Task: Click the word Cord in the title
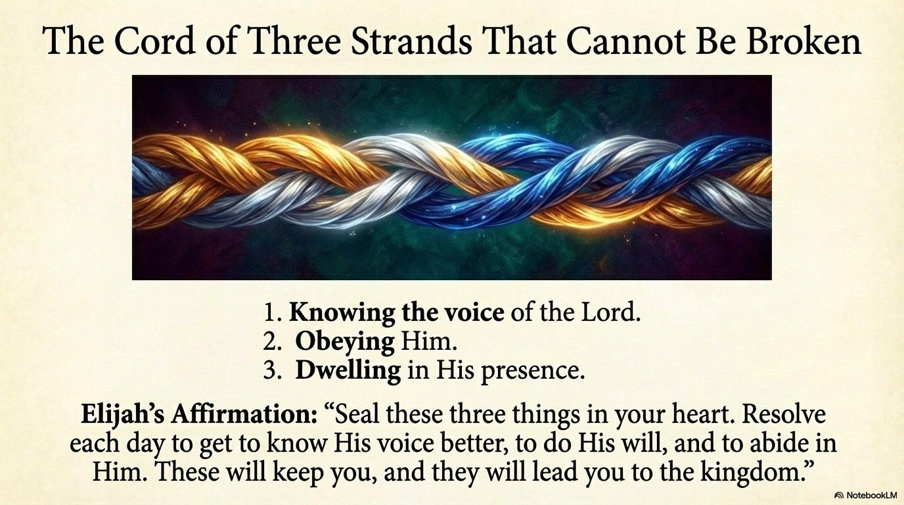(x=155, y=41)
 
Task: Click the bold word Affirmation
(x=243, y=415)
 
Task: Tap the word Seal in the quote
(x=353, y=415)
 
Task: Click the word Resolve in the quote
(x=784, y=415)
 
